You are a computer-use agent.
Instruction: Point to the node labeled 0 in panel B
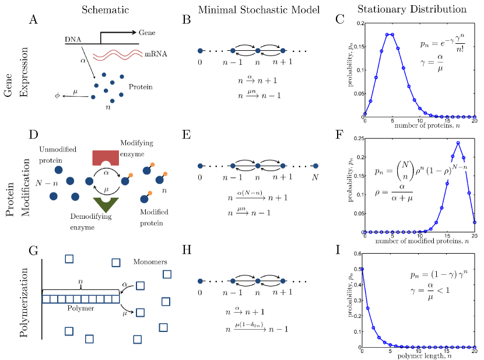pos(200,51)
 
